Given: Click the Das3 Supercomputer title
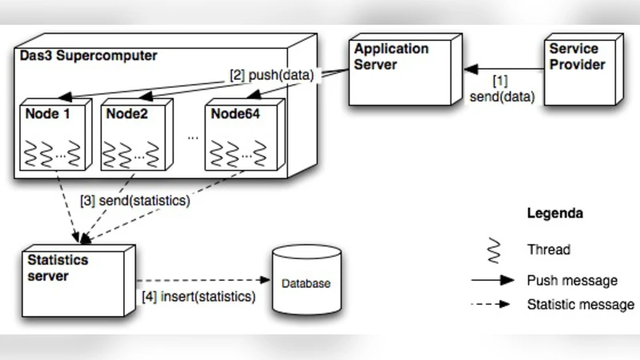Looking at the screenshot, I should pos(88,56).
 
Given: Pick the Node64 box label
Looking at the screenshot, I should pos(236,113).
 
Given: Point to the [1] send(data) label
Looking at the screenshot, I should pos(502,89).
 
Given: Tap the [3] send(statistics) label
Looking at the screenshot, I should pos(134,201).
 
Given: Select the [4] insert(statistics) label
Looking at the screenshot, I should pos(198,297).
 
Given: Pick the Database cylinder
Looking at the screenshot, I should pos(306,280).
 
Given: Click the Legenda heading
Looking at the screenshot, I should pos(554,214).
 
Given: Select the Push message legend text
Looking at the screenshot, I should pos(572,281).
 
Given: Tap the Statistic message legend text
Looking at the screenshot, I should pos(581,305).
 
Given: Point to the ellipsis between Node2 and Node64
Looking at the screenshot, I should pos(193,137).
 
